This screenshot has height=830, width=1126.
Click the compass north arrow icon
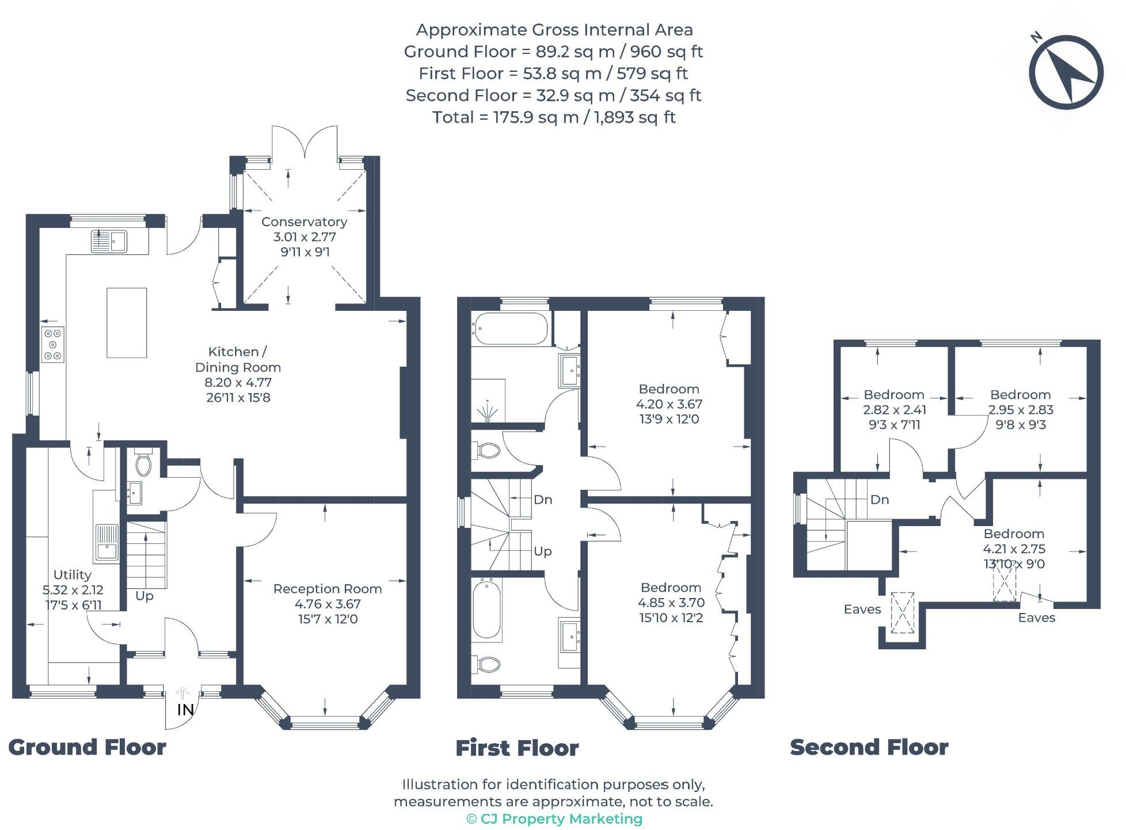[x=1066, y=73]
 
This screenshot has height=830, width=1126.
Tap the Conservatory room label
[x=304, y=222]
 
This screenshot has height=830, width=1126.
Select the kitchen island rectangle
[x=127, y=322]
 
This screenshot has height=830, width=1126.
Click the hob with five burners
[x=53, y=344]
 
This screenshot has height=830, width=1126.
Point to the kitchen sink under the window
[x=109, y=241]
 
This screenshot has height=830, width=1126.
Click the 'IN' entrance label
[x=185, y=710]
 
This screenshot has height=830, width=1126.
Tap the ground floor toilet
[x=143, y=463]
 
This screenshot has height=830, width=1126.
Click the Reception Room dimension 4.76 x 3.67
[x=327, y=604]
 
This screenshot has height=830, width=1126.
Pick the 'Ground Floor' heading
[x=88, y=747]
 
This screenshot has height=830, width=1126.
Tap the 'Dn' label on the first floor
[x=542, y=500]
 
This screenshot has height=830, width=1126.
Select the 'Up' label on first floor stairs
[x=542, y=551]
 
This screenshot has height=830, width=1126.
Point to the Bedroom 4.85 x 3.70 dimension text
[x=671, y=603]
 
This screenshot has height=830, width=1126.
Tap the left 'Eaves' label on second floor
[x=862, y=609]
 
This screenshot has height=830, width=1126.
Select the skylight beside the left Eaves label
[x=902, y=612]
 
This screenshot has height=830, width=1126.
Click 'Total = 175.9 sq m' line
[x=553, y=117]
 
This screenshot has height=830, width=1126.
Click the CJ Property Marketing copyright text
[x=554, y=818]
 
